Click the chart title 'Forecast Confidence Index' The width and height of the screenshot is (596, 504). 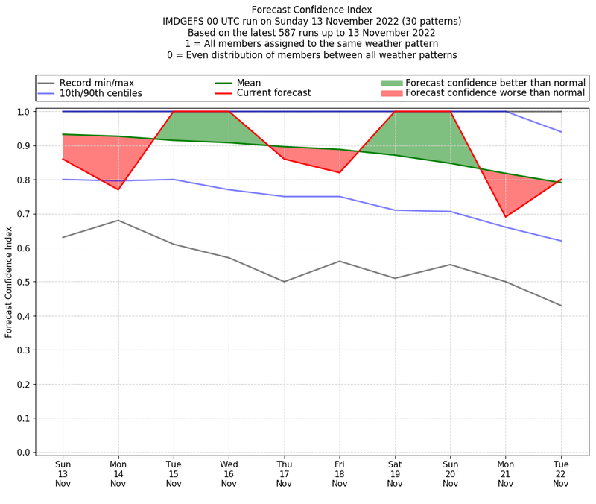311,9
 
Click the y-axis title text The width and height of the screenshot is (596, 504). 9,281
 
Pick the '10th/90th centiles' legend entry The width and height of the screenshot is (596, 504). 101,93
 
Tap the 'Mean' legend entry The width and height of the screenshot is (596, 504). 250,83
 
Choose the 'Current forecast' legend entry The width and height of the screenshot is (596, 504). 273,93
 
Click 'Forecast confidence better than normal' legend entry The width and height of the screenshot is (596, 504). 495,83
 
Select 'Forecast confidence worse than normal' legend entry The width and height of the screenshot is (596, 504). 495,93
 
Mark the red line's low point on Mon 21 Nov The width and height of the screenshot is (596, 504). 505,217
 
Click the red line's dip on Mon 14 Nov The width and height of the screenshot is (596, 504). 118,189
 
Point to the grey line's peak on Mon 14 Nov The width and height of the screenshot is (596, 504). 118,220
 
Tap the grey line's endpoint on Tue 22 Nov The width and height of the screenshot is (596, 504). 560,306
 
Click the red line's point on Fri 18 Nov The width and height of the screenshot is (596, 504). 339,172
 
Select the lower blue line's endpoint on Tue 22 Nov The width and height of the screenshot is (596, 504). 560,241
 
